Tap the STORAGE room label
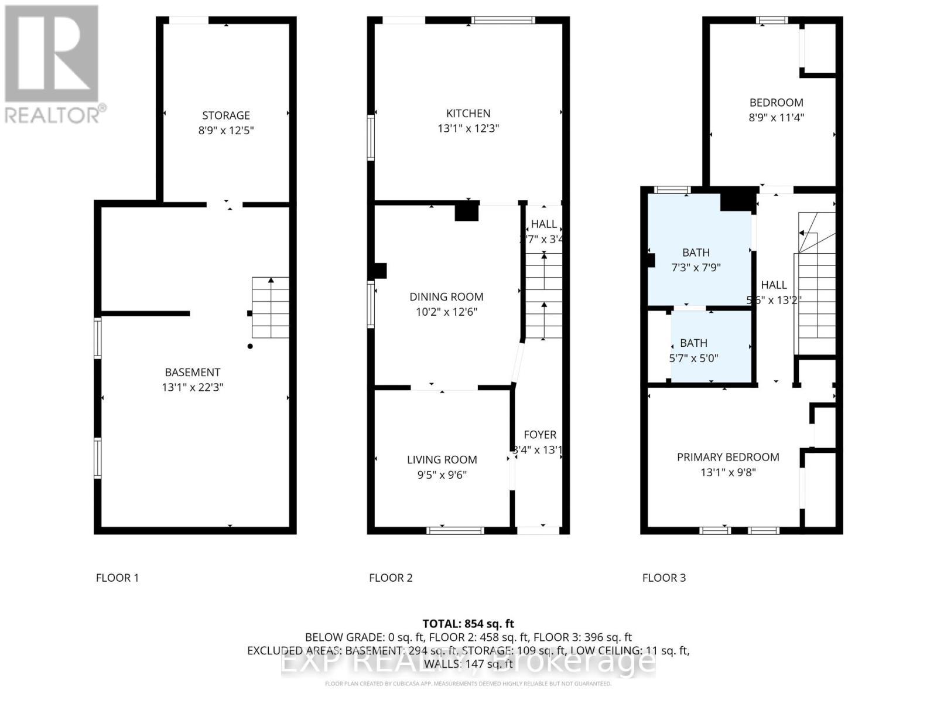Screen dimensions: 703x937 [226, 115]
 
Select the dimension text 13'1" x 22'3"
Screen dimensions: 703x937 [193, 387]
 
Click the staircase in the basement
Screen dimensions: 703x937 [271, 308]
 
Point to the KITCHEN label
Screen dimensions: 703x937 [468, 113]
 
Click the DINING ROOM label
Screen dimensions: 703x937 [446, 297]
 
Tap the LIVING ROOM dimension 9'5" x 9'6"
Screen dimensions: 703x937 [442, 475]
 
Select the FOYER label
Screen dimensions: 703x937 [540, 435]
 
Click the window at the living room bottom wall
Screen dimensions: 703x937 [456, 531]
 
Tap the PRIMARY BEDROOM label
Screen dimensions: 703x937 [728, 457]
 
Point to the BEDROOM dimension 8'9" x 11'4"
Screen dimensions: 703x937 [777, 118]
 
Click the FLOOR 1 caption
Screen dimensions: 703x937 [117, 578]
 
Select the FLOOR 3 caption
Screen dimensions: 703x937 [664, 578]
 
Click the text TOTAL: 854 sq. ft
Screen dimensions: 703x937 [468, 624]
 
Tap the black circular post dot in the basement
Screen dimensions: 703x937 [250, 346]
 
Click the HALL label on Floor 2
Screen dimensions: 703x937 [543, 224]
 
